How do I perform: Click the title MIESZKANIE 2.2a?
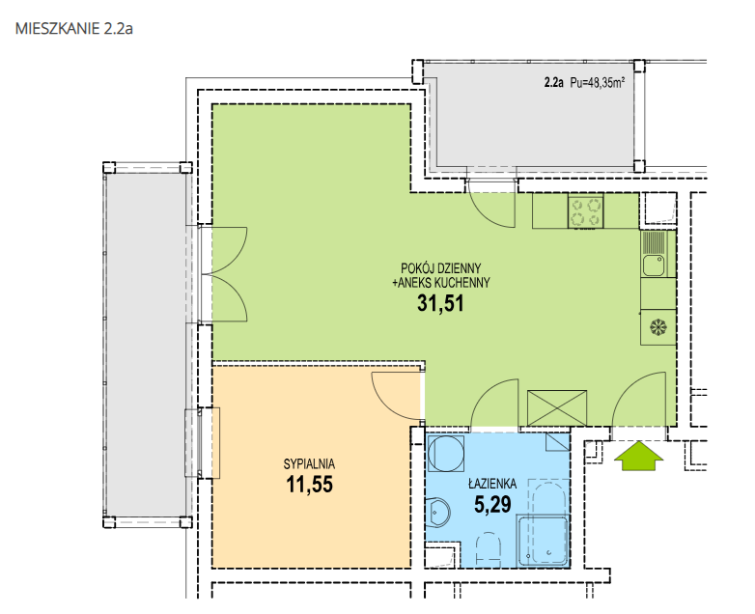pos(74,28)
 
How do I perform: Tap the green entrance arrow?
pos(638,456)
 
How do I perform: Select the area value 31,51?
pos(440,303)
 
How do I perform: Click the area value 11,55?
pos(309,485)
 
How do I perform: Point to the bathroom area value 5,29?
pos(492,505)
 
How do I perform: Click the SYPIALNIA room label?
pos(309,464)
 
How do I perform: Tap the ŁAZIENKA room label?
pos(492,483)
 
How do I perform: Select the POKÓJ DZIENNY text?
pos(441,267)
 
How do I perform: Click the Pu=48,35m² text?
pos(597,83)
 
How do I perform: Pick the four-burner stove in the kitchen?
pos(586,210)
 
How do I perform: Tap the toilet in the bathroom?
pos(489,549)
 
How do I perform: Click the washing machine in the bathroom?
pos(446,454)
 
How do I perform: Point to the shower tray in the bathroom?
pos(543,541)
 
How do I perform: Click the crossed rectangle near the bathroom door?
pos(557,408)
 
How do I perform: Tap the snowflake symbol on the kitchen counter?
pos(657,327)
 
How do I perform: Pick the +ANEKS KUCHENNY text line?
pos(441,283)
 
